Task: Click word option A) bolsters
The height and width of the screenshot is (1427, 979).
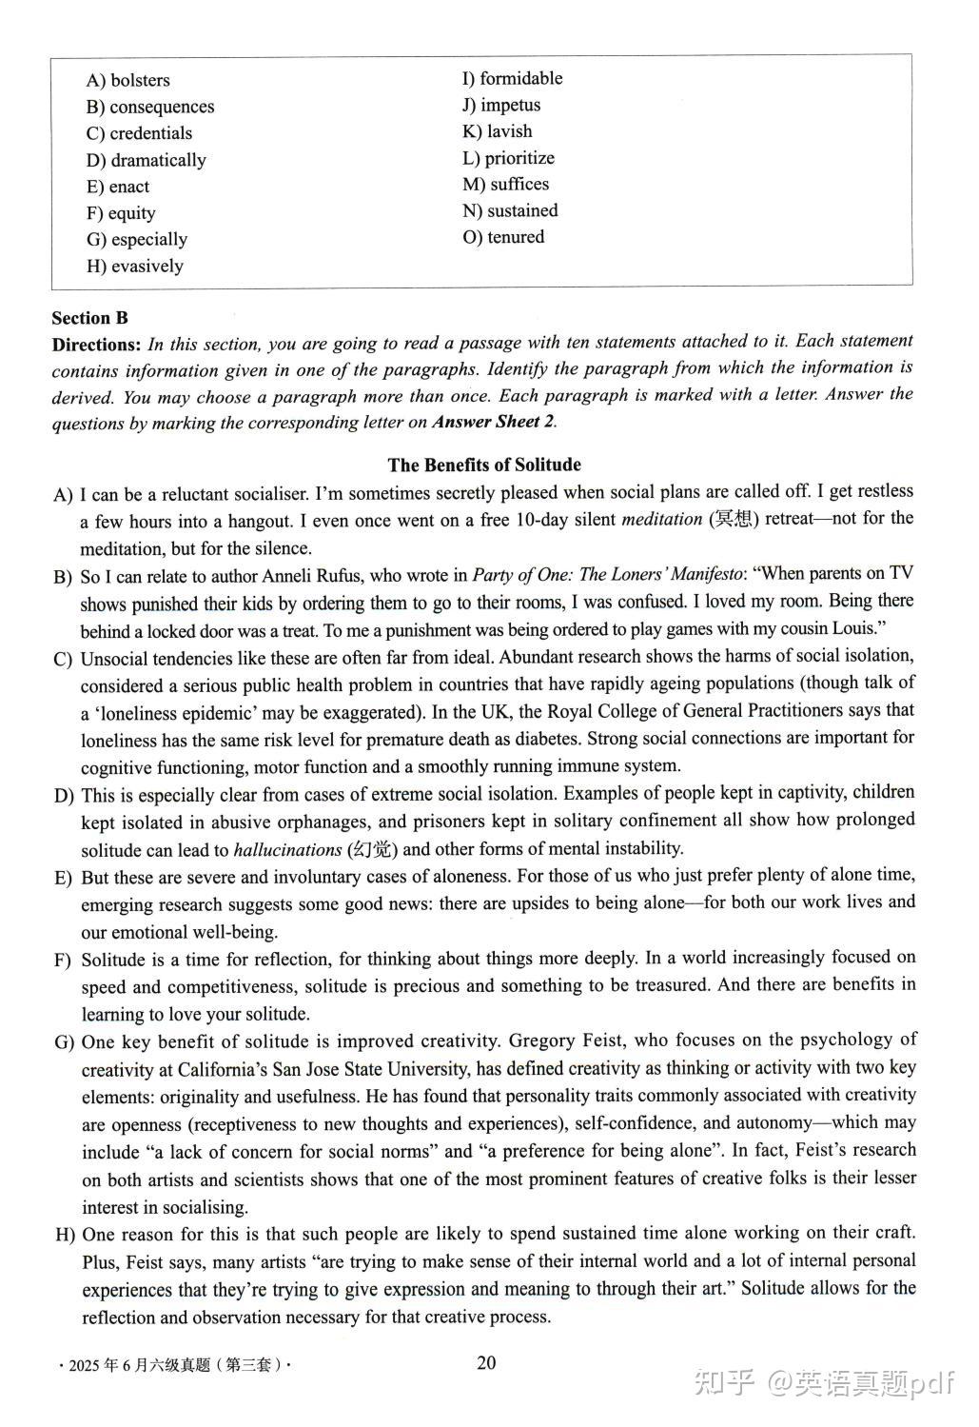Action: click(128, 81)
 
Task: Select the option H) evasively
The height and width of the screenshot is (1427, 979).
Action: click(135, 267)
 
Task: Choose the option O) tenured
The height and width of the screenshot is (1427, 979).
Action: click(503, 237)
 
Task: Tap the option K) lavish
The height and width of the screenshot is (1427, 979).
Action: click(498, 131)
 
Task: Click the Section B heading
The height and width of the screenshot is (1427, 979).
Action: click(89, 318)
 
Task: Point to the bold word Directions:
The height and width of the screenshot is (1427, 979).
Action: click(96, 345)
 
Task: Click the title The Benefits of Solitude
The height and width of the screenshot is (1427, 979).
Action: click(484, 465)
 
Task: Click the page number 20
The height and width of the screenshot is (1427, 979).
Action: click(486, 1362)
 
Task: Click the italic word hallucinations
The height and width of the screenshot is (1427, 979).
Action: click(287, 849)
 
